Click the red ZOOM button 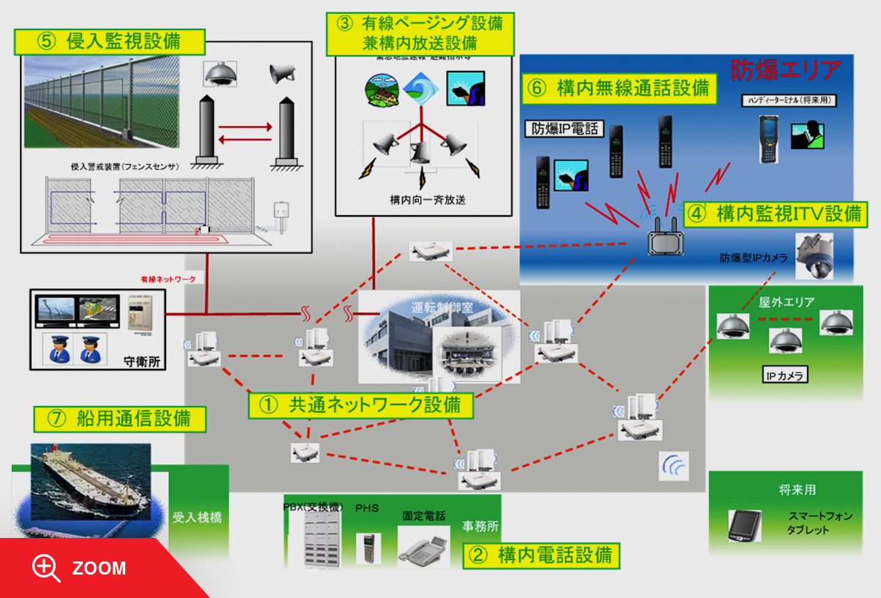(x=81, y=568)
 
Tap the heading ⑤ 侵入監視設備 (x=109, y=41)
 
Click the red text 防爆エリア (x=785, y=70)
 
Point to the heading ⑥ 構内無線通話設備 (x=619, y=89)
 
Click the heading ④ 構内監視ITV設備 (x=776, y=214)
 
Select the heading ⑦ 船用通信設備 (x=119, y=419)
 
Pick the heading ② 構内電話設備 (x=541, y=556)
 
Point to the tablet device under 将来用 (x=744, y=526)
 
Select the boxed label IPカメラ (x=785, y=375)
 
